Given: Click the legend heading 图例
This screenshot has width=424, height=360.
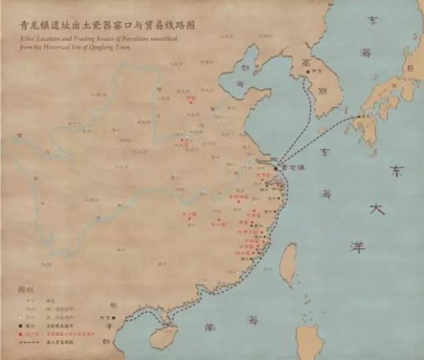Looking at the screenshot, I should (x=25, y=290).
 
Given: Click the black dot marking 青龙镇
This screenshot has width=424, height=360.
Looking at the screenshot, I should (x=276, y=168).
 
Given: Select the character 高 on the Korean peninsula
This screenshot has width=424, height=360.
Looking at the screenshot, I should (x=305, y=62).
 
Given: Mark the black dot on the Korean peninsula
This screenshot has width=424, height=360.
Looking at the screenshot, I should (x=306, y=71).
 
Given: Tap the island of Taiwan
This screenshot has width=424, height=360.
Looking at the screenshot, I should (x=288, y=266).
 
